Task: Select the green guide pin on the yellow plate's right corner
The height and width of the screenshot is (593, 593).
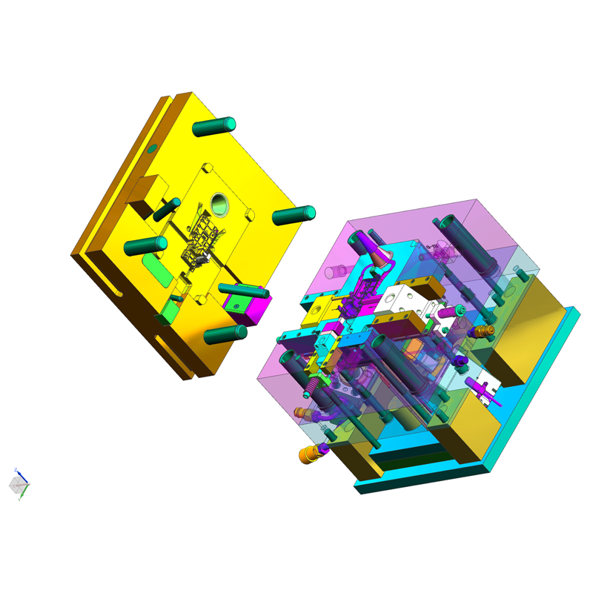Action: click(294, 216)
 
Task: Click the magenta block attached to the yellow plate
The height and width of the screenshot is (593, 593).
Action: click(251, 307)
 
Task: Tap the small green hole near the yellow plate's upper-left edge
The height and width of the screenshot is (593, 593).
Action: click(152, 149)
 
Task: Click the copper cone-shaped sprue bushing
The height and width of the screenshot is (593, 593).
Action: click(379, 260)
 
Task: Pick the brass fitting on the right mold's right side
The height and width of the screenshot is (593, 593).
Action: click(485, 331)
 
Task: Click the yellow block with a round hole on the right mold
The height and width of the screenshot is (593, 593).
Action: click(319, 305)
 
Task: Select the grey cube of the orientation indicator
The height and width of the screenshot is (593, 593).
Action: click(17, 485)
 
